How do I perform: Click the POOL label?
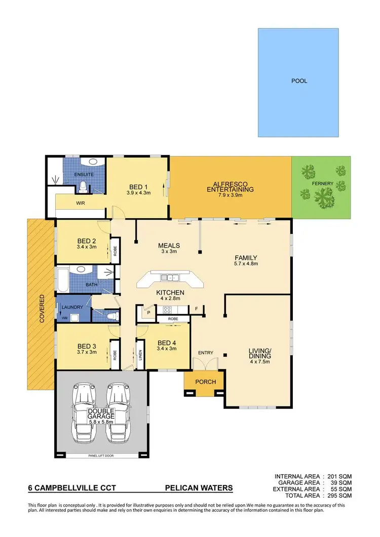coord(299,80)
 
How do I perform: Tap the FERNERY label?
coord(323,183)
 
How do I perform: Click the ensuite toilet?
coord(84,187)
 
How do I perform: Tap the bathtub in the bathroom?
coord(63,280)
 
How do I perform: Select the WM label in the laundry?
coord(64,318)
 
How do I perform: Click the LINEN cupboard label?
coord(140,356)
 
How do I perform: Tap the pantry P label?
coord(148,313)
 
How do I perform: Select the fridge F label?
coord(196,308)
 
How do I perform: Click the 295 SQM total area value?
coord(339,496)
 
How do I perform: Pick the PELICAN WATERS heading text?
coord(199,488)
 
